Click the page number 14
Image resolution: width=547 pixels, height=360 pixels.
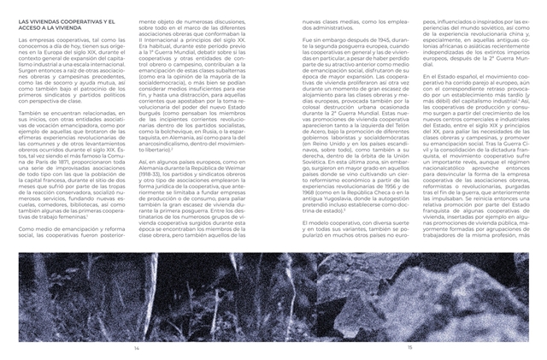(136, 348)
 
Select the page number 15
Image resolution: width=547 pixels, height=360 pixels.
(409, 348)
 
